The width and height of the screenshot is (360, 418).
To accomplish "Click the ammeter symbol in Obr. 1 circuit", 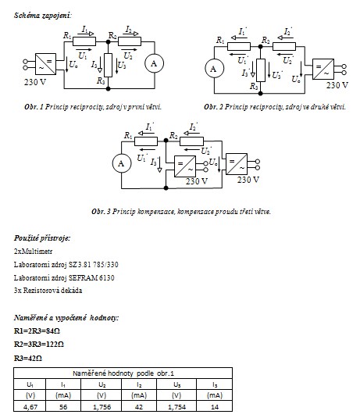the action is click(154, 63).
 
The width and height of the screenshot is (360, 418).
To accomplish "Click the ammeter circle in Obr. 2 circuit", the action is click(214, 69).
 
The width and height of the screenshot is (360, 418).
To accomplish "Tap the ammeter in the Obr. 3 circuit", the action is click(122, 163).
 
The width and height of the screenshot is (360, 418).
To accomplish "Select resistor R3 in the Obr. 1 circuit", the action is click(108, 65).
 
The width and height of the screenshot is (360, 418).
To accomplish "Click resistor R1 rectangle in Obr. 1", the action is click(84, 41).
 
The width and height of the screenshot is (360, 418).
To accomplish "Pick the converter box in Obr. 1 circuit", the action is click(45, 64).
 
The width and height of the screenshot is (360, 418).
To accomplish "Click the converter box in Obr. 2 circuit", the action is click(323, 69).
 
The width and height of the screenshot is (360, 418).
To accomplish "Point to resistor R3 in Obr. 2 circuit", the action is click(260, 70).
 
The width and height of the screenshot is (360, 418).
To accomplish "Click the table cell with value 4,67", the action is click(30, 406).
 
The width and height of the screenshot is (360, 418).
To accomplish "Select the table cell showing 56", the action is click(63, 406).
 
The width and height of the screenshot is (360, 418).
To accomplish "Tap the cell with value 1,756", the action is click(101, 406).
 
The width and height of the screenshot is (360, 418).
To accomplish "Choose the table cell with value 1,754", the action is click(176, 406).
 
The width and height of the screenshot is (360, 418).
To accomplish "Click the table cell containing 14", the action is click(214, 406).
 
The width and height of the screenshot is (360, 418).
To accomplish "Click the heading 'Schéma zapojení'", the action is click(43, 16).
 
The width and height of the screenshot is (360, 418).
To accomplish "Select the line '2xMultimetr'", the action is click(33, 252).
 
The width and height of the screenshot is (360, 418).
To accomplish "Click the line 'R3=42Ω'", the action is click(28, 359).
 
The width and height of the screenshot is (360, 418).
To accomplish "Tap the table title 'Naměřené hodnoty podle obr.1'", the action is click(123, 373).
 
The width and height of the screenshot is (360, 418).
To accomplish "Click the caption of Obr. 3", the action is click(181, 212).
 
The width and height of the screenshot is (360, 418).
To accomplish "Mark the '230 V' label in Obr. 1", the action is click(35, 82).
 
